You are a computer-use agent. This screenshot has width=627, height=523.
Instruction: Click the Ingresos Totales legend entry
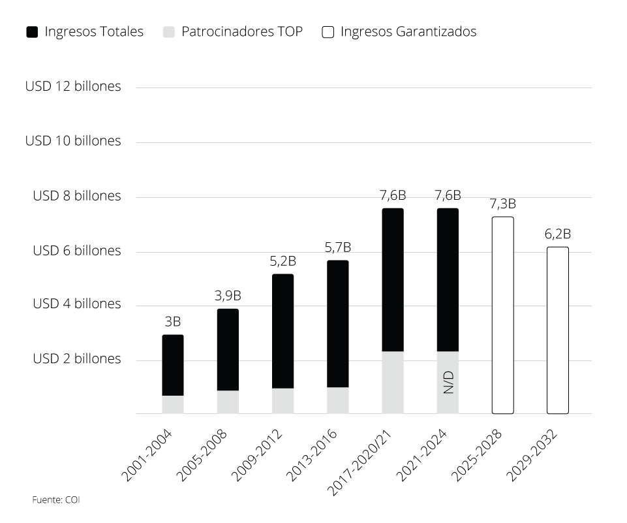click(85, 31)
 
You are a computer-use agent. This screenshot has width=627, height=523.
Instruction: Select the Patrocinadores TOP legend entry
click(234, 31)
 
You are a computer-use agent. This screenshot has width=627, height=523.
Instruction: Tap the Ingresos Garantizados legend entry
click(399, 31)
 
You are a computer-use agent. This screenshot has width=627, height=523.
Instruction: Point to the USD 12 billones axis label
click(73, 86)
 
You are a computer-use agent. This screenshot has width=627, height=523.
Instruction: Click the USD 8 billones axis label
click(77, 196)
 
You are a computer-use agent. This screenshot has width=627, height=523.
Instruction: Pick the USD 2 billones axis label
click(77, 358)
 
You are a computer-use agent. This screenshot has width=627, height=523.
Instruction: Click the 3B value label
click(173, 321)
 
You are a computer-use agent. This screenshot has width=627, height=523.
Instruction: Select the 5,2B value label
click(283, 261)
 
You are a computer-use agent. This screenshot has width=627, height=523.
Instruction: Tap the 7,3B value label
click(502, 203)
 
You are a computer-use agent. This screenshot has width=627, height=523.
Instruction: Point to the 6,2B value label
click(558, 234)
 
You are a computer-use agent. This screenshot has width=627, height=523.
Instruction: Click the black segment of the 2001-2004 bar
click(173, 365)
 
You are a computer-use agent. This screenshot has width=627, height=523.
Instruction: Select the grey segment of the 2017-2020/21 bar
click(393, 382)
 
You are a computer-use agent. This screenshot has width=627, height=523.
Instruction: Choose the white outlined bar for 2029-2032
click(558, 330)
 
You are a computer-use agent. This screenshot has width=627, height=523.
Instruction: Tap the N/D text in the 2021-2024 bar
click(448, 383)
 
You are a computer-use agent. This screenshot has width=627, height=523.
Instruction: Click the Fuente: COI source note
click(56, 500)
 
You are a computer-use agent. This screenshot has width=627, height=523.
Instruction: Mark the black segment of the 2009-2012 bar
click(283, 331)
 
